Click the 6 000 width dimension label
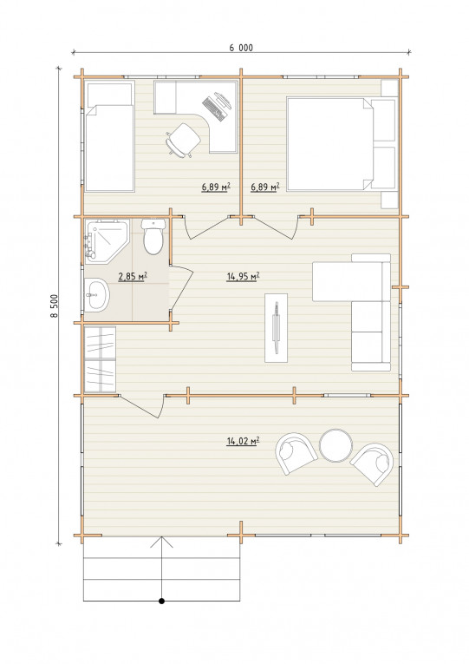point(241,48)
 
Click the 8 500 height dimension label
point(54,306)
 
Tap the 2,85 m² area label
point(133,277)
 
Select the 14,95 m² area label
point(244,277)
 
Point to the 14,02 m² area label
point(244,441)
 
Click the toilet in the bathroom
point(153,236)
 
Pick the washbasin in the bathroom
point(97,295)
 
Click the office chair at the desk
point(183,140)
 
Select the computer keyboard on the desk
point(212,108)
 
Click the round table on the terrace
point(335,445)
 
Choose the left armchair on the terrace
point(296,453)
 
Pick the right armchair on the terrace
point(373,464)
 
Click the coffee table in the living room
point(277,327)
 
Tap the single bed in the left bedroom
point(110,136)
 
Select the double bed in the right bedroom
point(342,144)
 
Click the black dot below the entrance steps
point(161,601)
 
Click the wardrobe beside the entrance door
point(101,359)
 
